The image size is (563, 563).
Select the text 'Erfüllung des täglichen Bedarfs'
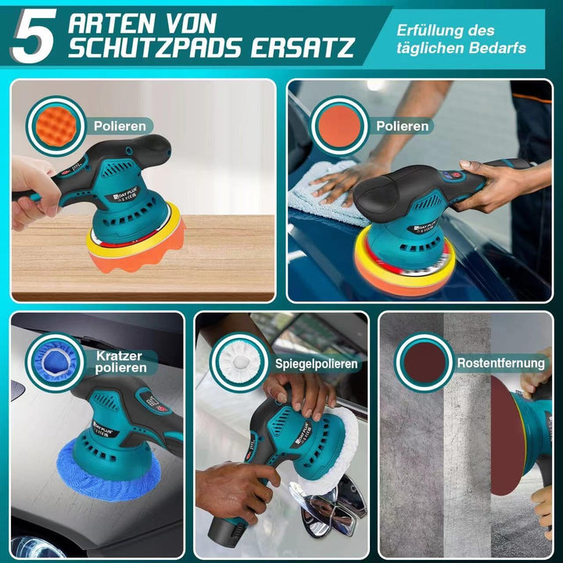coord(457,39)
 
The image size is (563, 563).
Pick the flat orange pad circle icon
coord(339,125)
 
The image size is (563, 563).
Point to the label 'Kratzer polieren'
coord(120,361)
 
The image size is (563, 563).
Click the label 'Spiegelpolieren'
coord(316,364)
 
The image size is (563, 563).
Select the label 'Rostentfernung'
coord(501,363)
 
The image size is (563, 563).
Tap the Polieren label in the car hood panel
coord(402,125)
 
